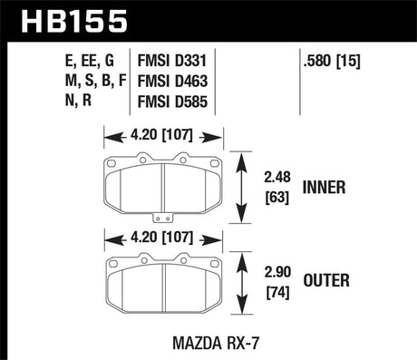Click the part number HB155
click(x=68, y=20)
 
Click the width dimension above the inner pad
click(x=164, y=139)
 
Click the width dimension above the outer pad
click(x=164, y=239)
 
